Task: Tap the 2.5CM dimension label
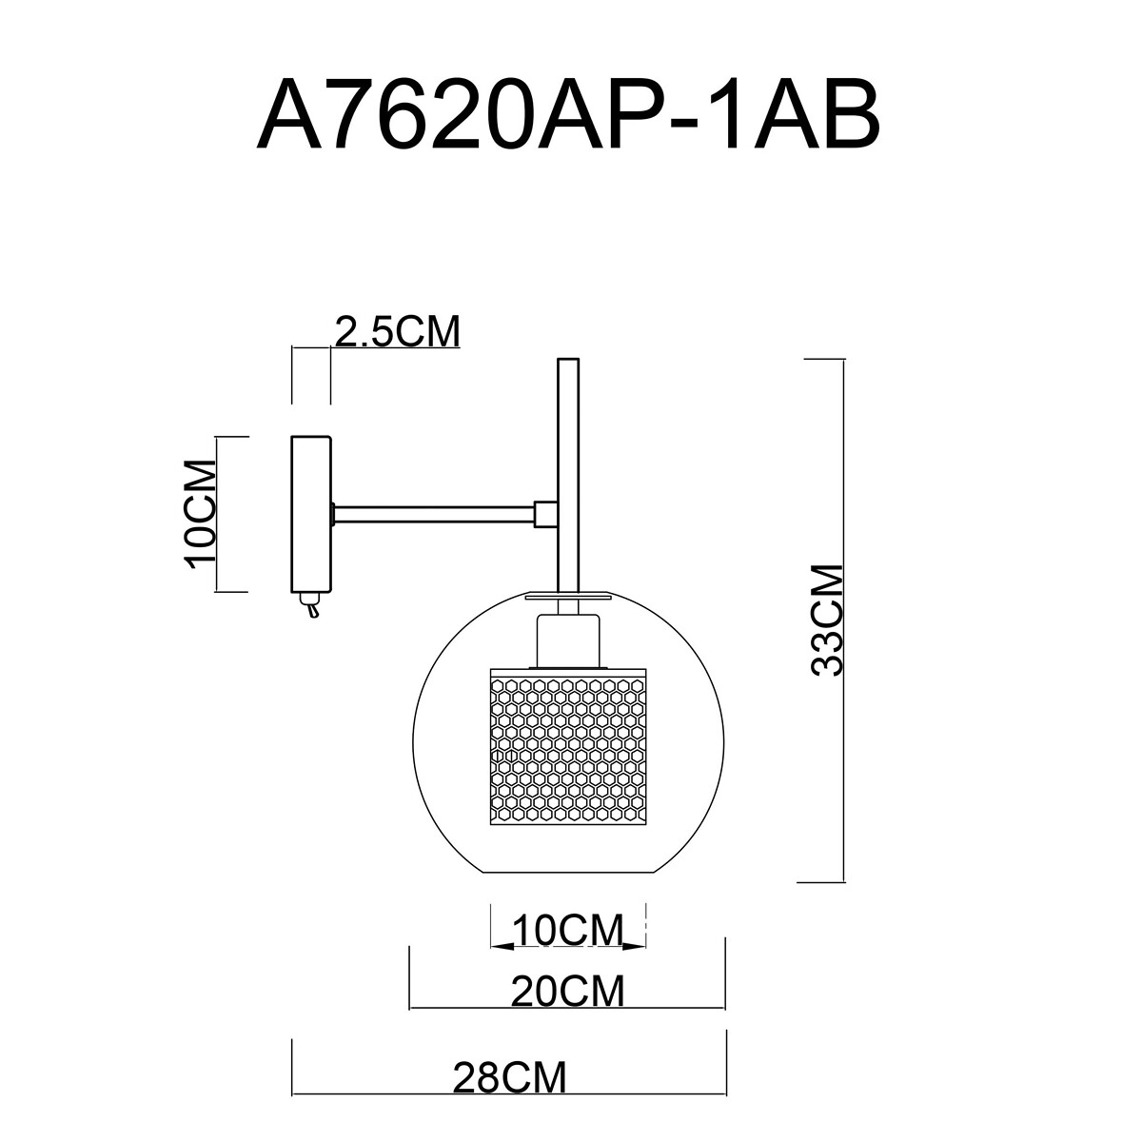(398, 331)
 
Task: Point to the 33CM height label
(826, 620)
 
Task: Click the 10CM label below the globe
(568, 931)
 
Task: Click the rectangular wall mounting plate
(310, 515)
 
